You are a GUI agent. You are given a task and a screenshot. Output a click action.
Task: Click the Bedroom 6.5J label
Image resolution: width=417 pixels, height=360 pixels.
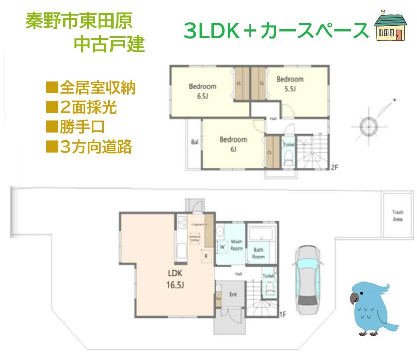(202, 91)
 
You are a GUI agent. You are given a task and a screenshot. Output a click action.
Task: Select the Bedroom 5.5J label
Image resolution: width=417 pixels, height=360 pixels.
(290, 84)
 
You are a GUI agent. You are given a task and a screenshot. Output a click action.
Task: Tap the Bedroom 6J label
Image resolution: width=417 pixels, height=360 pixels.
(233, 144)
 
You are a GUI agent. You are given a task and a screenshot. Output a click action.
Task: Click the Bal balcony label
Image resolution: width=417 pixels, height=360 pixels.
(195, 142)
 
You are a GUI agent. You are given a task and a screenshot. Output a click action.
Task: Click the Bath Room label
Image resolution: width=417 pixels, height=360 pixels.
(258, 253)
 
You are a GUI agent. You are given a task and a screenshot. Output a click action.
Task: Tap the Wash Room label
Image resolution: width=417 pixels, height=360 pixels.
(236, 245)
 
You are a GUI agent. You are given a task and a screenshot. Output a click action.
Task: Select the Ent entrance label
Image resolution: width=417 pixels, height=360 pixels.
(233, 295)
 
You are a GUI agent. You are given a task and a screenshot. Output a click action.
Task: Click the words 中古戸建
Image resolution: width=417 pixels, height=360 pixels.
(109, 44)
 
